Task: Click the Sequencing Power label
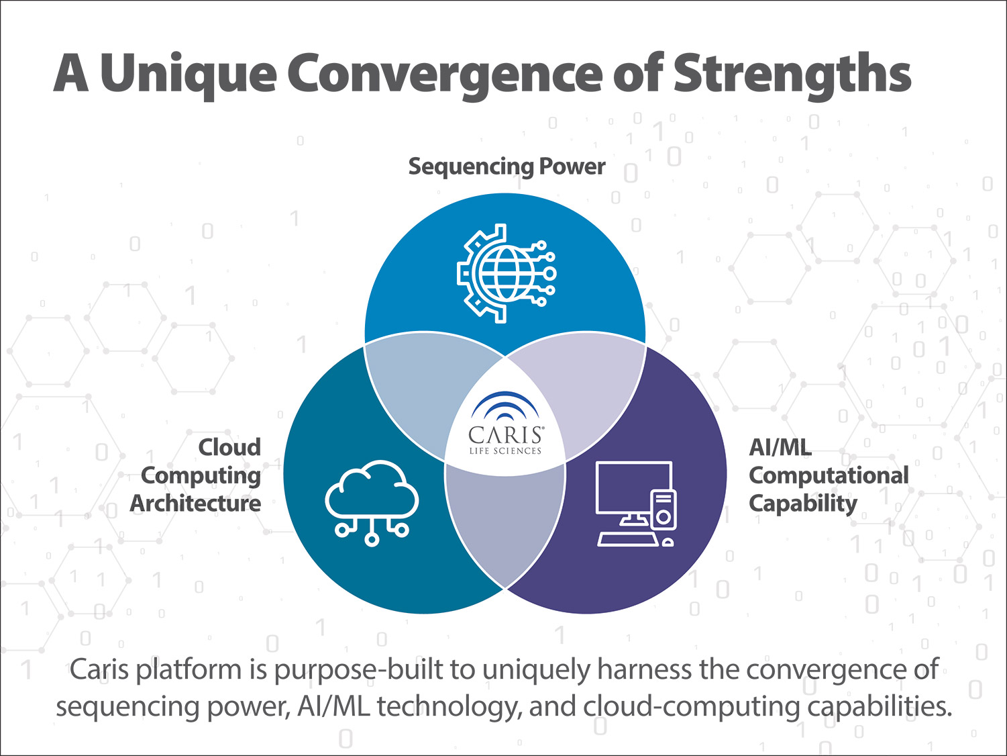[x=507, y=167]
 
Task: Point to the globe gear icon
[x=507, y=273]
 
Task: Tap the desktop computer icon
[x=636, y=504]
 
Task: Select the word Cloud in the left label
[x=229, y=447]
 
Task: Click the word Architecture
[x=195, y=503]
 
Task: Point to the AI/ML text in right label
[x=780, y=447]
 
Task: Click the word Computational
[x=829, y=476]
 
